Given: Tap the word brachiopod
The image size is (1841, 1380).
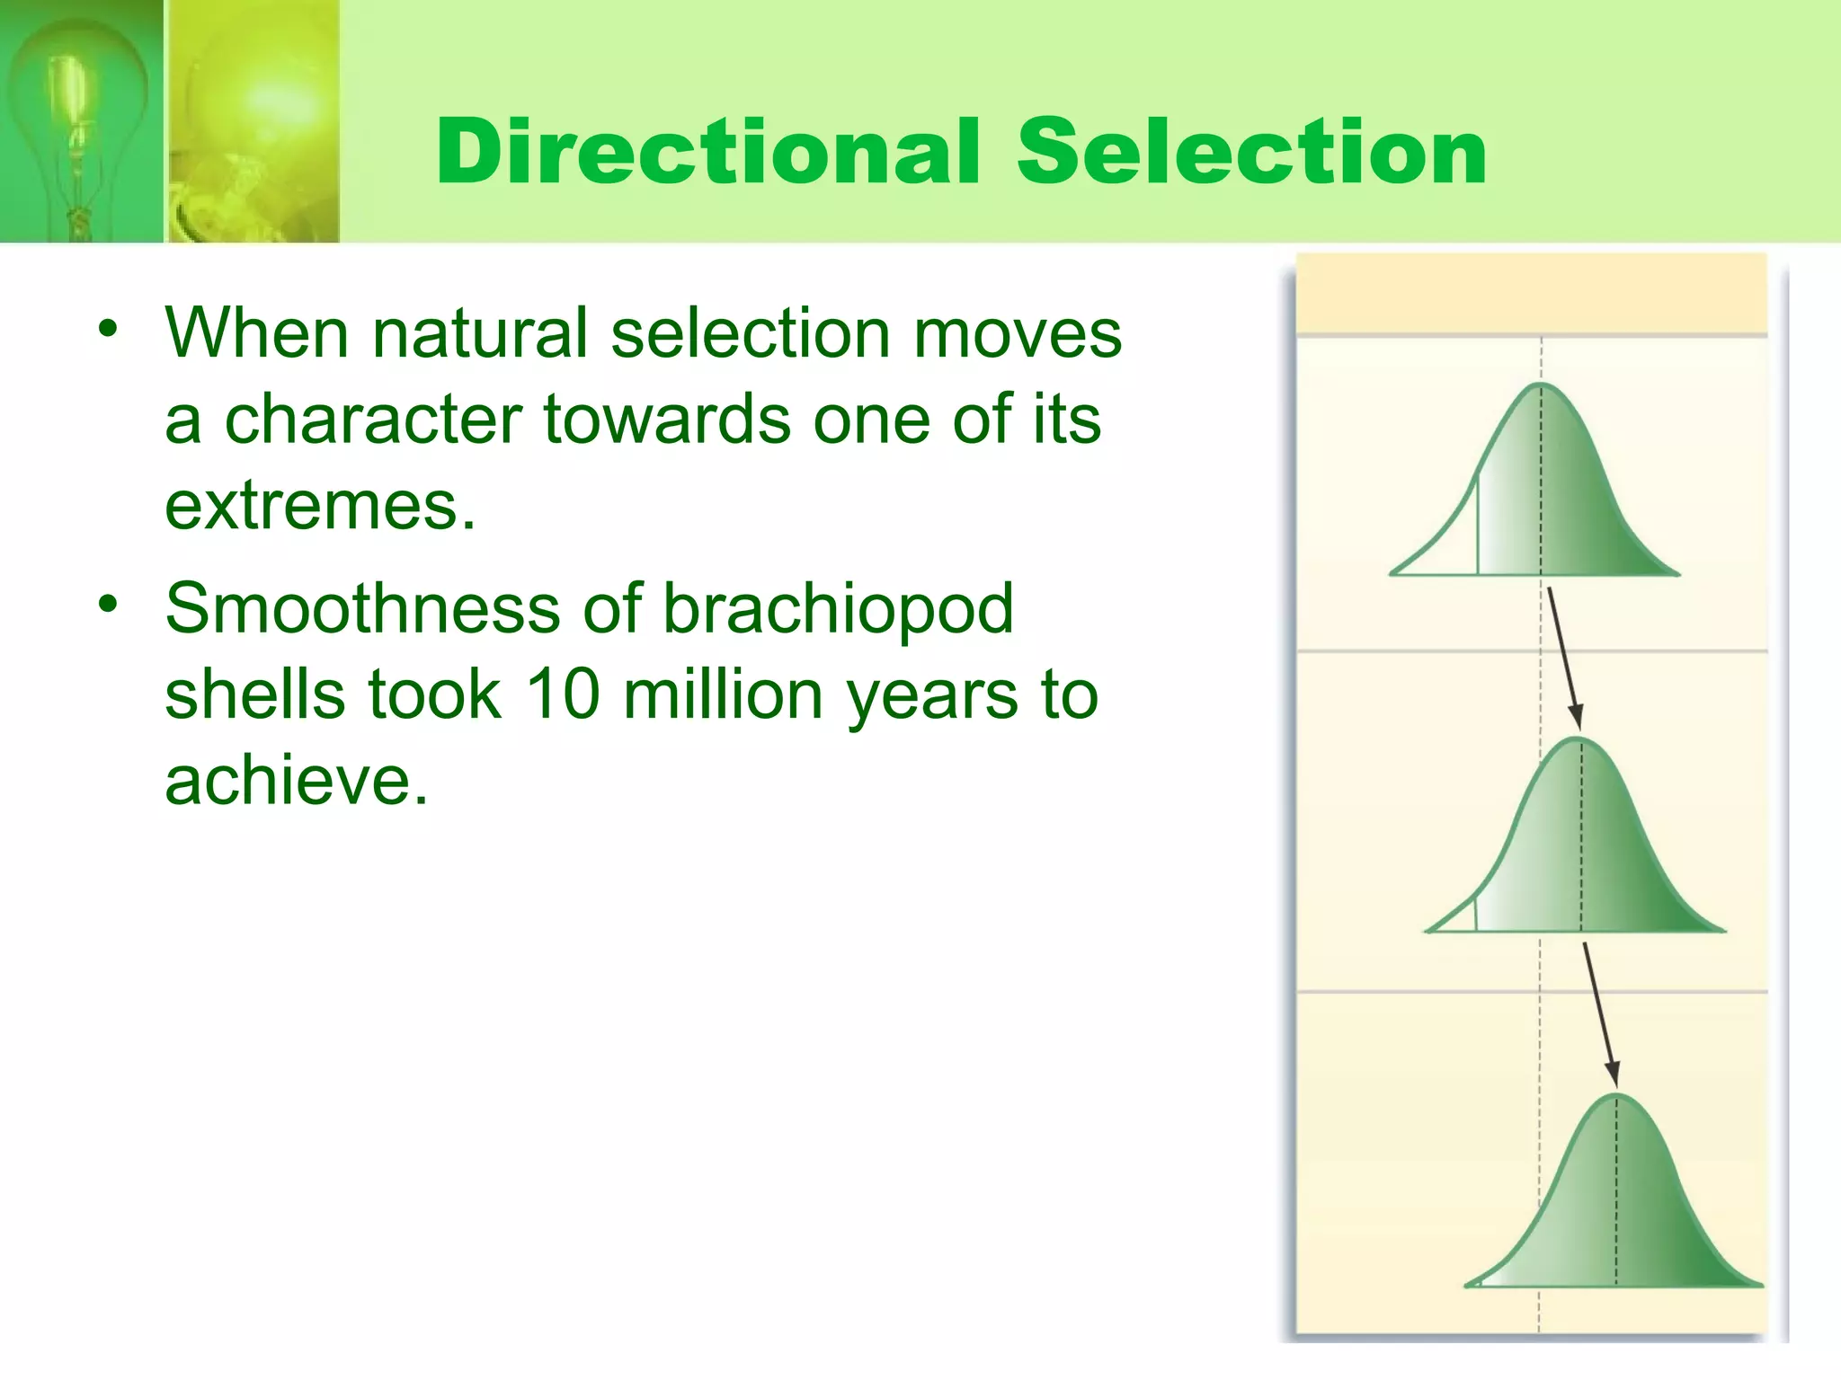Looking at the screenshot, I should (838, 609).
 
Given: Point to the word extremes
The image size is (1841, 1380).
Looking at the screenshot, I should (319, 506).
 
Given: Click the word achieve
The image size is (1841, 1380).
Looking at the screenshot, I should (297, 780).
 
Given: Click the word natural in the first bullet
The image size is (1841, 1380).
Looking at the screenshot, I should (480, 333).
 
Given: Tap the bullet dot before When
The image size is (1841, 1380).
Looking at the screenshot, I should (109, 329).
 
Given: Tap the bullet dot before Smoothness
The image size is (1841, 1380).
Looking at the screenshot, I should (109, 604).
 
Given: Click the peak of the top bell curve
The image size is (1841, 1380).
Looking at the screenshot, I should (1540, 386).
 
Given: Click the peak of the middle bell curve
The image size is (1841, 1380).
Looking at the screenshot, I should (1579, 740).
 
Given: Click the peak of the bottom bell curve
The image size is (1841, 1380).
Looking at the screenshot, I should (1616, 1096).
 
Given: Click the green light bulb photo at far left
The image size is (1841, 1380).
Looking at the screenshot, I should (81, 121).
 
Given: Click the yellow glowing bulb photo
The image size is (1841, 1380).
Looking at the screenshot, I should (253, 121).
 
